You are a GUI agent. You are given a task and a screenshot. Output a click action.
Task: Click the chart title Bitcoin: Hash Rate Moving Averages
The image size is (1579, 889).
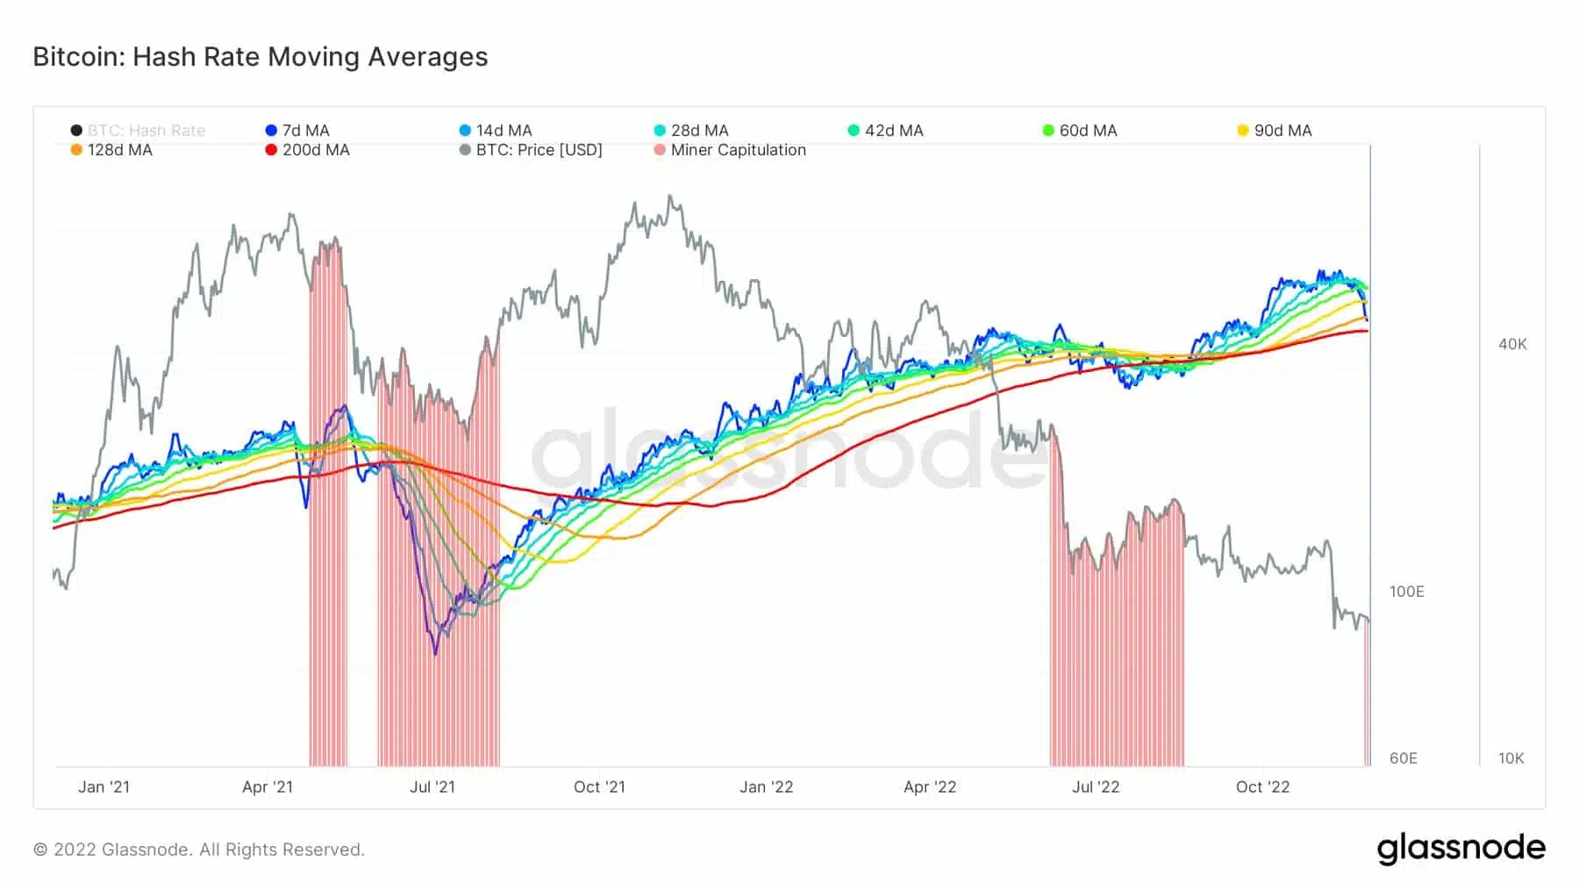tap(260, 57)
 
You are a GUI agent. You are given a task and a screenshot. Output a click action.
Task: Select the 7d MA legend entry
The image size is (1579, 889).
tap(298, 131)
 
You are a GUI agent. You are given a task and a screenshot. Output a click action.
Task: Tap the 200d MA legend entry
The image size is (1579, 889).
tap(308, 150)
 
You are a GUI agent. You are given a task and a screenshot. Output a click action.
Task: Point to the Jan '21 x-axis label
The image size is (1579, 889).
tap(104, 787)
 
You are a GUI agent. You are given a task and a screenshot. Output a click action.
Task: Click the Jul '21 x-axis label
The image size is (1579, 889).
tap(432, 787)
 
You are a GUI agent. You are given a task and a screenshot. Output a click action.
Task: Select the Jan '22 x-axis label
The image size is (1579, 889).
tap(766, 787)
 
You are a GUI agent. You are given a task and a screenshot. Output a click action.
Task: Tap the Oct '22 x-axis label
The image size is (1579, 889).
tap(1262, 787)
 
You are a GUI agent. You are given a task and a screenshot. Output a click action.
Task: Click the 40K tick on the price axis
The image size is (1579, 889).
tap(1512, 344)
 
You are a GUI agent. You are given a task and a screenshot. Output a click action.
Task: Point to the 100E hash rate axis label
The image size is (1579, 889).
tap(1406, 591)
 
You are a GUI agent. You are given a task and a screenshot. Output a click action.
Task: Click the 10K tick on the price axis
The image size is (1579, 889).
tap(1511, 758)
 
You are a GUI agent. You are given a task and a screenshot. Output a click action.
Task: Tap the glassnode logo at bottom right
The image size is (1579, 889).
tap(1461, 849)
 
